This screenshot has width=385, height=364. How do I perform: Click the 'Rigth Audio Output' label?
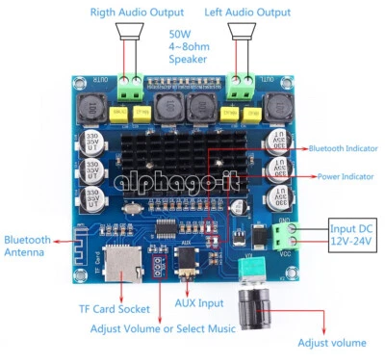click(x=136, y=12)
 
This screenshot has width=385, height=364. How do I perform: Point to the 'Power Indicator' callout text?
click(x=346, y=177)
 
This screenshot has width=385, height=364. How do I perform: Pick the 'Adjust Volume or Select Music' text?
click(x=162, y=330)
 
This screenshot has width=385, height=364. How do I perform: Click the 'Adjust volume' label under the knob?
click(x=332, y=344)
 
